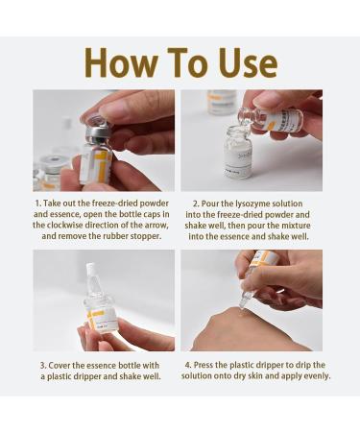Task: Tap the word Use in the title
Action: (x=243, y=62)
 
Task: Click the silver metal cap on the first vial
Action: (x=96, y=128)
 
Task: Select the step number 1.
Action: (x=37, y=204)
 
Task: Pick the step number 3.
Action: (x=43, y=366)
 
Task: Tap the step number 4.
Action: (x=185, y=366)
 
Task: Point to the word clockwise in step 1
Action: (x=72, y=224)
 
